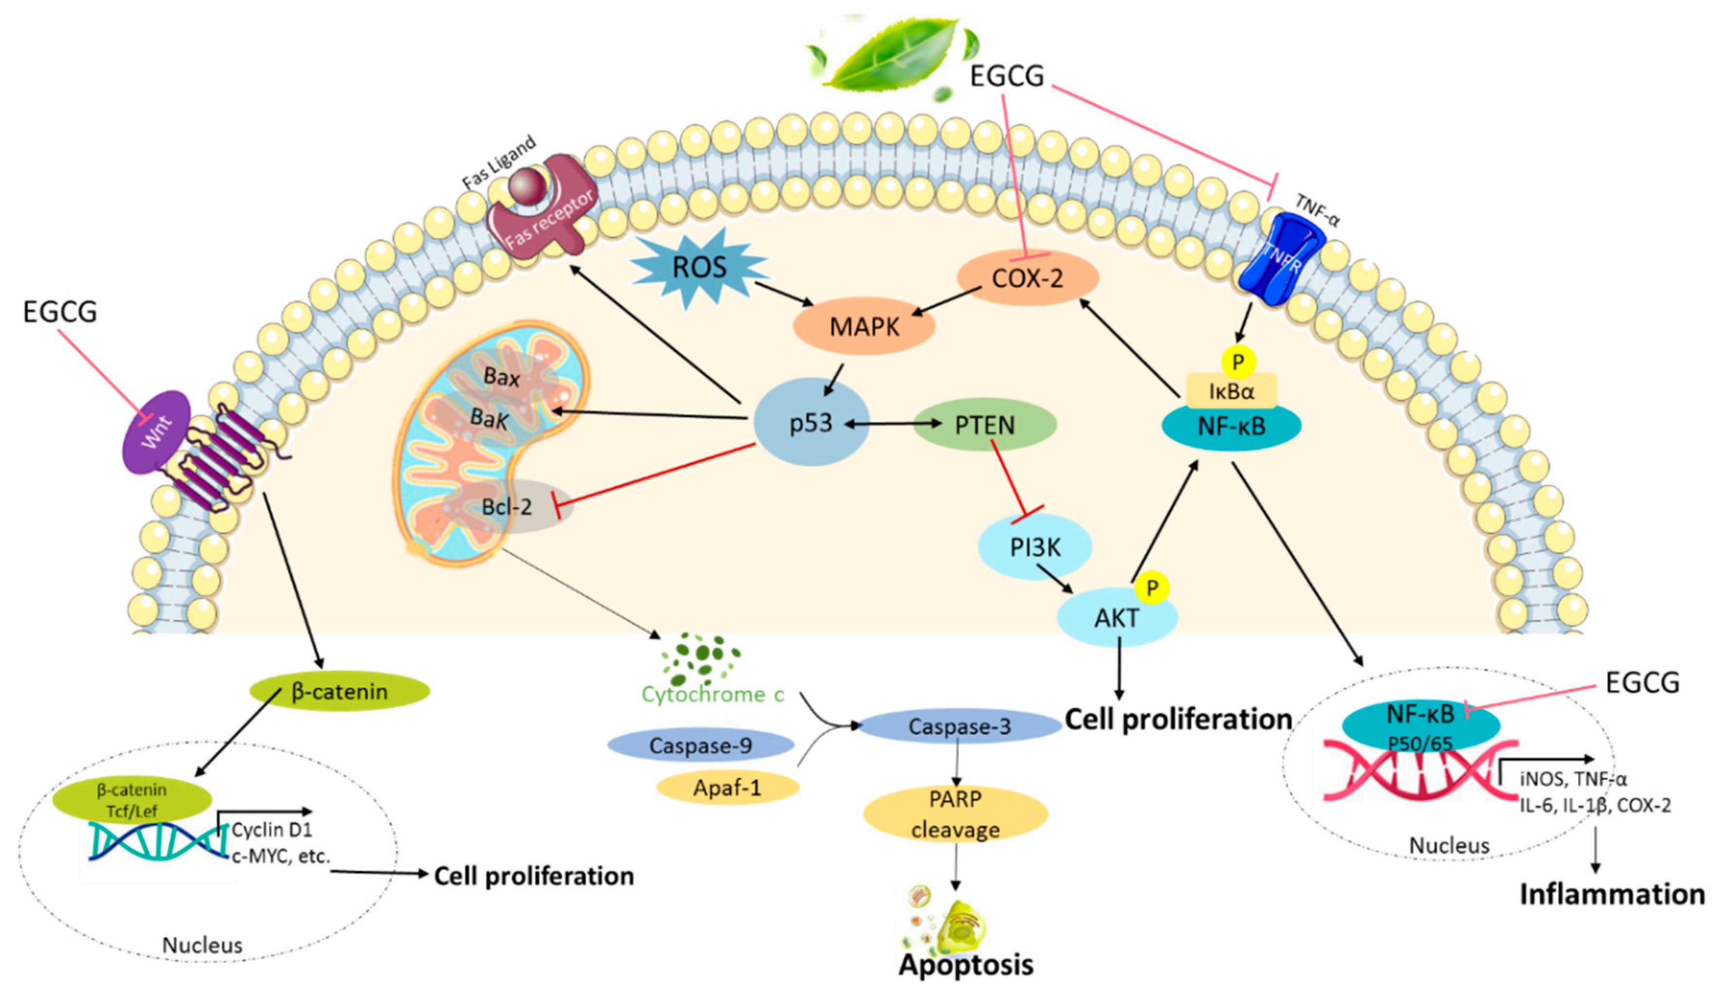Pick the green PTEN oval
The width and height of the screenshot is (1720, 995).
tap(984, 425)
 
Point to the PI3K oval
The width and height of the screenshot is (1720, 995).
tap(1035, 547)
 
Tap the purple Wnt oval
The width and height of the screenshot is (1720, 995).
tap(156, 432)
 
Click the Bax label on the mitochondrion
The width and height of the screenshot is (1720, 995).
tap(501, 377)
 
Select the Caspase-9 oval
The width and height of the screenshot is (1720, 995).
tap(700, 746)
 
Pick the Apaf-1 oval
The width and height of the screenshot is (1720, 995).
tap(727, 788)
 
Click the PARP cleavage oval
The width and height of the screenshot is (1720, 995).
tap(955, 814)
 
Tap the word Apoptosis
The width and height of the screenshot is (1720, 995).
tap(965, 965)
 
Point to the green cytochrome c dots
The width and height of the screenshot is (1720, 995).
tap(697, 659)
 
